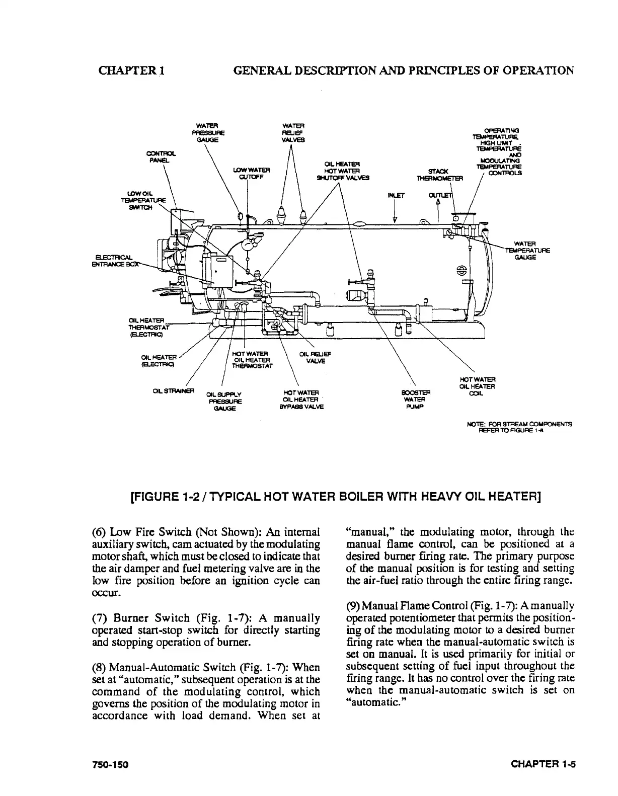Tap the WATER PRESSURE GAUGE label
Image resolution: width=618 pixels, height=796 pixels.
[210, 133]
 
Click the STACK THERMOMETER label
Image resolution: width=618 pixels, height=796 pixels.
[435, 174]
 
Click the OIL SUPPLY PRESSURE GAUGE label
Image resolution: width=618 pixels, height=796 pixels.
[224, 401]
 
